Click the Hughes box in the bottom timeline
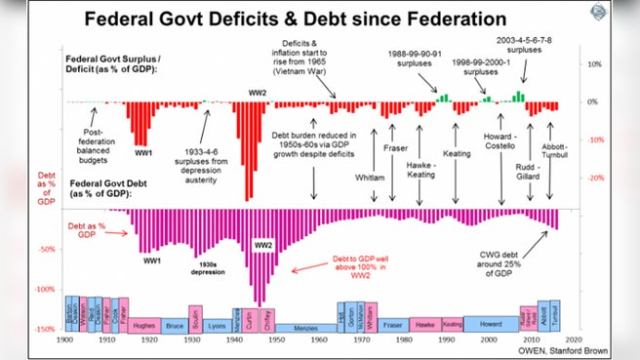(143, 324)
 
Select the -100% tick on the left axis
(46, 288)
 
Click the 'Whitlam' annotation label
(369, 177)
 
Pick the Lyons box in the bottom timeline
(216, 324)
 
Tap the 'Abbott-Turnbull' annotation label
(554, 155)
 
